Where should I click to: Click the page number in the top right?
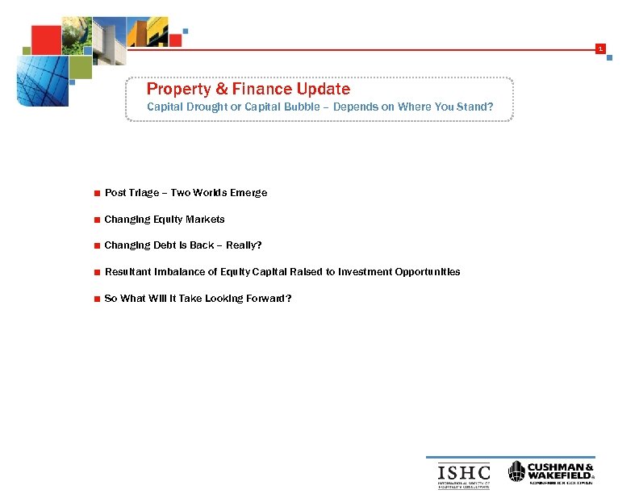pos(599,50)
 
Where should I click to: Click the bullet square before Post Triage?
pos(97,194)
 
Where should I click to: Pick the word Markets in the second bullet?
pos(205,220)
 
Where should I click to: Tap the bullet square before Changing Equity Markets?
pos(97,220)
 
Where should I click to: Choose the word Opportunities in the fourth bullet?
pos(428,272)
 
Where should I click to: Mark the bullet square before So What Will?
pos(97,299)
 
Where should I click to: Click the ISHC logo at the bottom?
pos(463,474)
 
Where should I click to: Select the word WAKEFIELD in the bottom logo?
pos(560,475)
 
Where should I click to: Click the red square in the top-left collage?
pos(46,36)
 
